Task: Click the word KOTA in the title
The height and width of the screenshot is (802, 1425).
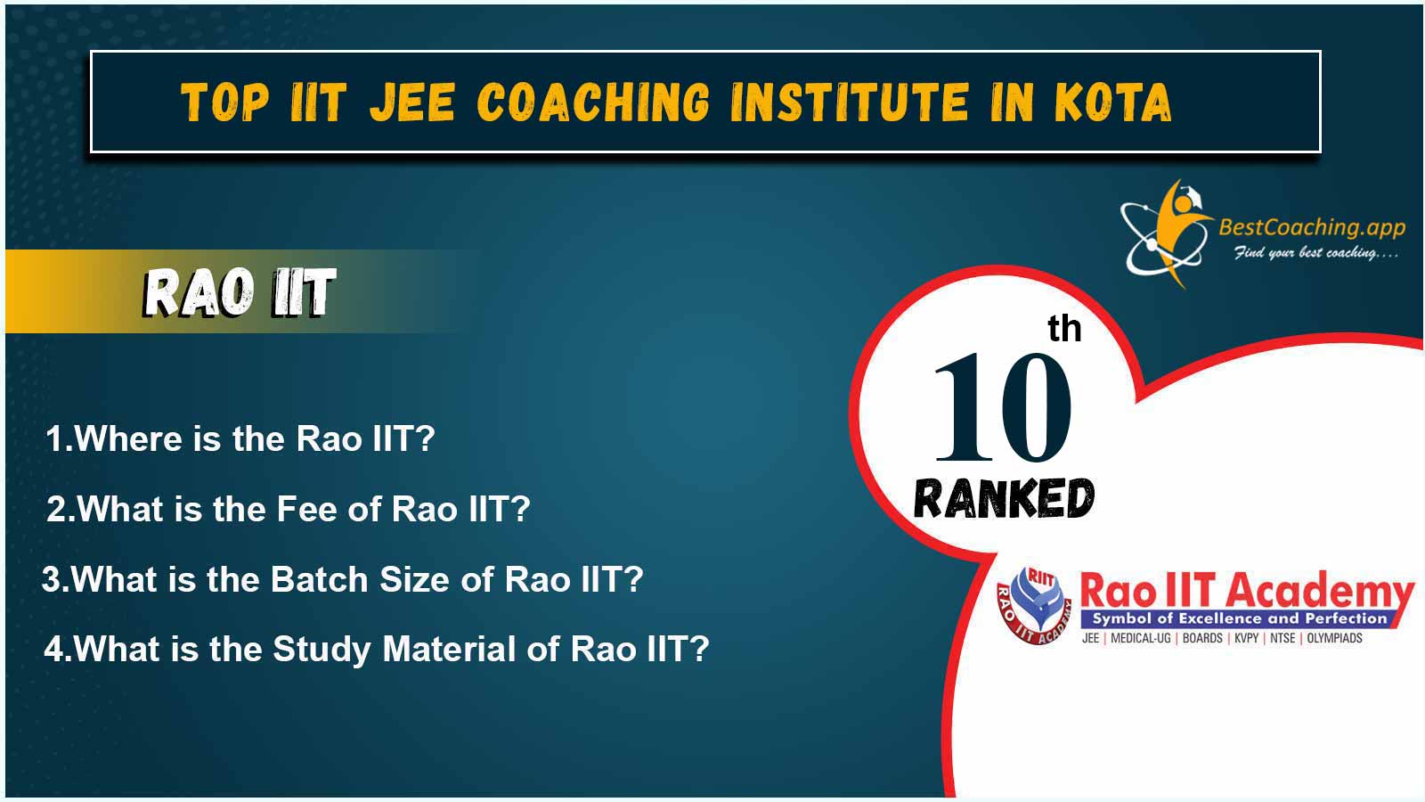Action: tap(1112, 102)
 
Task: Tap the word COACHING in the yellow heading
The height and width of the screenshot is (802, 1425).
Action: tap(593, 102)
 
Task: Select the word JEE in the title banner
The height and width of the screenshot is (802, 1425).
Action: tap(412, 102)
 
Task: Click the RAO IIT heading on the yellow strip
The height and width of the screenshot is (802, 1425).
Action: tap(240, 293)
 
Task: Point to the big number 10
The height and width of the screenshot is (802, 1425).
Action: tap(1003, 407)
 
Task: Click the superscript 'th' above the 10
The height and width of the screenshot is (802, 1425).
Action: tap(1064, 329)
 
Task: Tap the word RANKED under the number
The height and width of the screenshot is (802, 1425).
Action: tap(1004, 499)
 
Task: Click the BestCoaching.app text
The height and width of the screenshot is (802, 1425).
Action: tap(1312, 227)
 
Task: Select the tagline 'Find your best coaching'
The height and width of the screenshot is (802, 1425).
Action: tap(1315, 253)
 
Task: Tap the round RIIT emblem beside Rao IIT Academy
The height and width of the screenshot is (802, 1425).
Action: tap(1034, 605)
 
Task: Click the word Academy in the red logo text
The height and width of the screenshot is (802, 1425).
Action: tap(1319, 592)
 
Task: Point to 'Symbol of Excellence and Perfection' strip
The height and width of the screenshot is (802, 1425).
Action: tap(1239, 618)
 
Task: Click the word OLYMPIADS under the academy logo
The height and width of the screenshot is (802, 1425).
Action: tap(1335, 638)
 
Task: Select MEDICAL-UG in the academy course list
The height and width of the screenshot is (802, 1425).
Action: tap(1141, 638)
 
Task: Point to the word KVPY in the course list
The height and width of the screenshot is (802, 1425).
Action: tap(1247, 638)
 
